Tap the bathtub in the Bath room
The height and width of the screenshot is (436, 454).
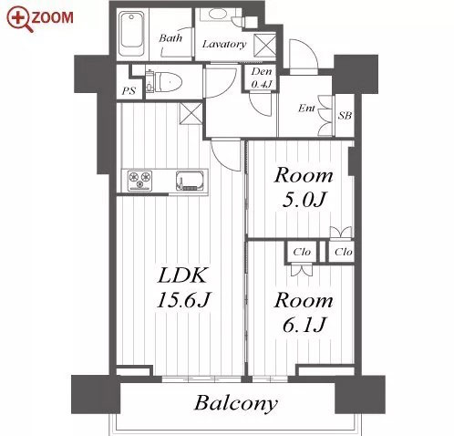pos(131,33)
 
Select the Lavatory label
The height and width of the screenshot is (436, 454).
pos(224,45)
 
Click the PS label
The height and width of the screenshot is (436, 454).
pos(129,91)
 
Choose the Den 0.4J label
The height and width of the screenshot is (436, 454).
pos(261,78)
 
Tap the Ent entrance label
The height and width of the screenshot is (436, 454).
pos(306,108)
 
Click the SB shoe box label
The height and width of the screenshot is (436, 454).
pos(345,116)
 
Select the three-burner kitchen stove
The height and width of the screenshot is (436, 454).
pos(139,181)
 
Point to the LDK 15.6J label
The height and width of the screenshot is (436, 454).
pos(183,287)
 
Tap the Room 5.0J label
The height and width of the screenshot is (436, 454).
pos(304,188)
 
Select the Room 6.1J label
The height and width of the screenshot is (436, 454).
pos(304,312)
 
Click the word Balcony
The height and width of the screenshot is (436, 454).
pos(236,403)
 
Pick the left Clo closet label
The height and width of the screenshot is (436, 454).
pos(302,252)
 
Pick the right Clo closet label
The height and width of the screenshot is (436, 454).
pos(344,252)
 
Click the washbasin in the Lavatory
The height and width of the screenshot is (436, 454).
pos(218,15)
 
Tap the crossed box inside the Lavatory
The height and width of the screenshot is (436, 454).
pos(265,46)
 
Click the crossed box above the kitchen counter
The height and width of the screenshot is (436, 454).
pos(191,113)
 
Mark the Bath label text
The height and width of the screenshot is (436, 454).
pos(170,38)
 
